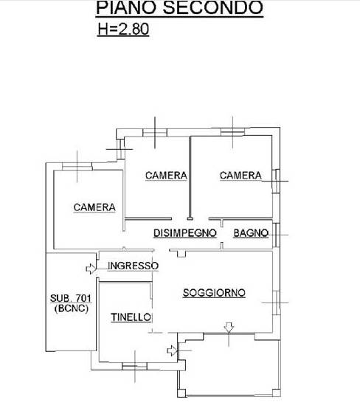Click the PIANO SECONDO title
click(179, 8)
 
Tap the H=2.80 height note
click(123, 29)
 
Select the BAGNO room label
click(251, 233)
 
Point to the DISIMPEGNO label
click(185, 233)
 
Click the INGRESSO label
click(133, 266)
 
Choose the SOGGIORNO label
click(214, 293)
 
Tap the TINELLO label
click(131, 317)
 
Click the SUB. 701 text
click(71, 298)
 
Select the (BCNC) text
click(72, 308)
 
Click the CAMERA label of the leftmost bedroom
click(94, 207)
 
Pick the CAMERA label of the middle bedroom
click(166, 176)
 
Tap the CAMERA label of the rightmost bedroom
click(240, 176)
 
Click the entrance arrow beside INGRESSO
click(91, 269)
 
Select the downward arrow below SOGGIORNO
click(229, 328)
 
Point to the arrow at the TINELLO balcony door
click(172, 350)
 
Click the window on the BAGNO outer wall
click(277, 235)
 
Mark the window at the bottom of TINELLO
click(134, 366)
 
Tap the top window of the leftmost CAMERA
click(77, 167)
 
